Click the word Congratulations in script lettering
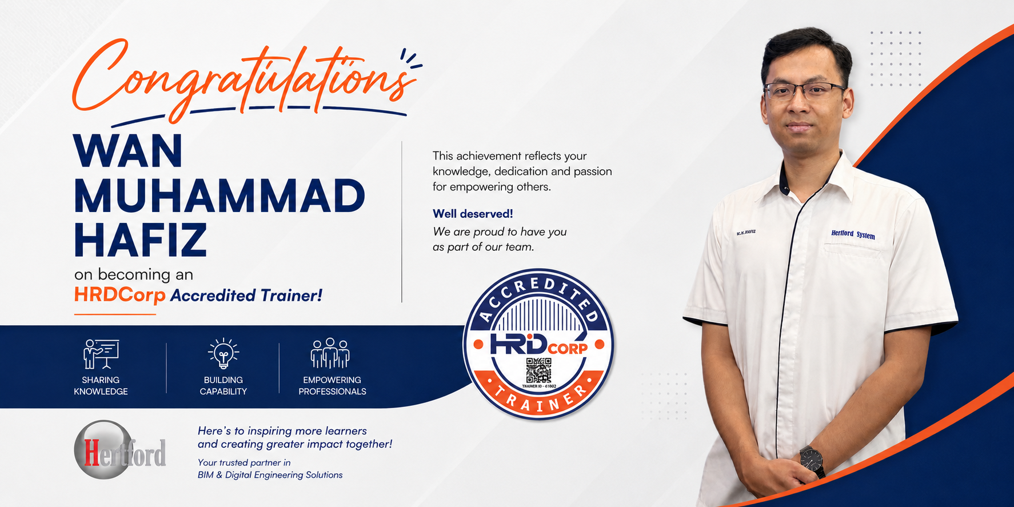coord(243,80)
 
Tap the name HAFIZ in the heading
coord(140,241)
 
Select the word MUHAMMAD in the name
coord(219,196)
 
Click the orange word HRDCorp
coord(119,295)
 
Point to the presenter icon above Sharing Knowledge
coord(101,354)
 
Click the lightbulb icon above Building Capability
coord(223,353)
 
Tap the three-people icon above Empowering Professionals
coord(330,353)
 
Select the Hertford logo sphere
coord(103,450)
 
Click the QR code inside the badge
coord(538,370)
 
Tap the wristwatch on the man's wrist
coord(812,461)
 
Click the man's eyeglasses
coord(805,90)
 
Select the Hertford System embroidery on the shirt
coord(853,234)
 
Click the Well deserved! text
coord(473,214)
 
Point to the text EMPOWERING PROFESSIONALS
coord(332,386)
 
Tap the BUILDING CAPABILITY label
coord(223,386)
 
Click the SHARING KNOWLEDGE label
coord(101,386)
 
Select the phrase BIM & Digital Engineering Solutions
coord(270,475)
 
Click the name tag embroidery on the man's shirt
coord(746,232)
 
